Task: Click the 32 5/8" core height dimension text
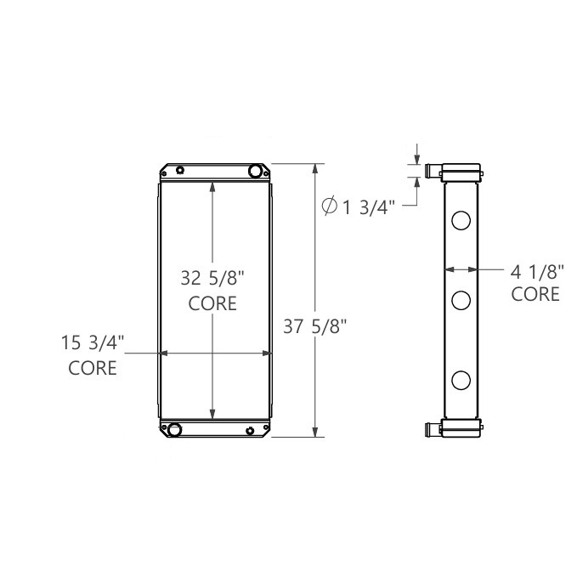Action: coord(212,278)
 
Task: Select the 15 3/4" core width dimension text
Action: coord(93,343)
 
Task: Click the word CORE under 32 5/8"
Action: coord(212,303)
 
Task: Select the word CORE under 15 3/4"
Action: coord(93,368)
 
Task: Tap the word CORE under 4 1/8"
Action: coord(536,295)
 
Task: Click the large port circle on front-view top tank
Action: coord(254,172)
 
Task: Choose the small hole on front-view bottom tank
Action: coord(249,431)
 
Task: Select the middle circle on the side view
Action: coord(461,299)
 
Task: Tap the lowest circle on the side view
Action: coord(461,380)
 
